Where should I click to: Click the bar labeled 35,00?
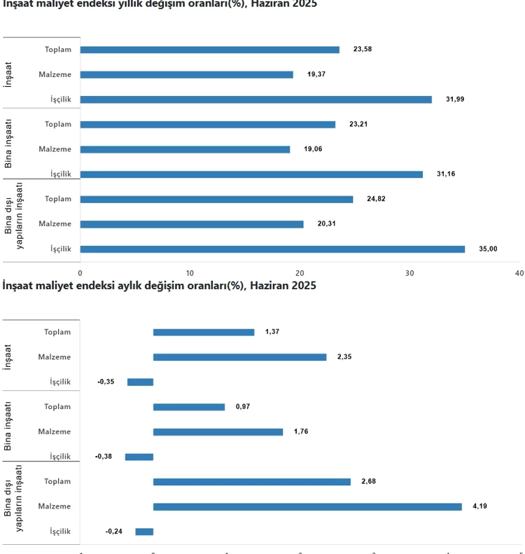pos(272,249)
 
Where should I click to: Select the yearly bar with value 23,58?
pos(209,50)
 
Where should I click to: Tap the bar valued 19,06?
pos(185,149)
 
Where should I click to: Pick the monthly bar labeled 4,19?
pos(307,506)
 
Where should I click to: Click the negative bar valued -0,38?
pos(139,457)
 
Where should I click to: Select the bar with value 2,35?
pos(239,357)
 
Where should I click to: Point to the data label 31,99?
pos(454,99)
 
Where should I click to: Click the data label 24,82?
pos(376,199)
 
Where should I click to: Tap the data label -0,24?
pos(114,532)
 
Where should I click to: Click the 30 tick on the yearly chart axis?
pos(409,272)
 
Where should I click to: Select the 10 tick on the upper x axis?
pos(190,272)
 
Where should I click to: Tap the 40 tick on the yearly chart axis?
pos(519,272)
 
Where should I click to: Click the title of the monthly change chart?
pos(159,286)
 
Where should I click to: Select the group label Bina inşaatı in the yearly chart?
pos(8,143)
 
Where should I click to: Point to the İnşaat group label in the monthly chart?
pos(8,356)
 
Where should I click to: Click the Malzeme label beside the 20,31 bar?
pos(55,223)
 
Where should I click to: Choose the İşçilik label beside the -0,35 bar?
pos(60,382)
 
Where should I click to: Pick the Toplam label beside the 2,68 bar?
pos(57,481)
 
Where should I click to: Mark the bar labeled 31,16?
pos(251,174)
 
